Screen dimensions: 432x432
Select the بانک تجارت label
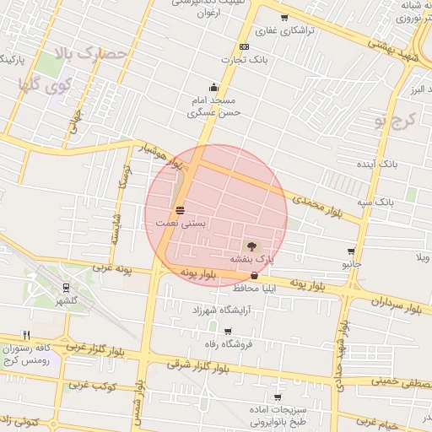coord(244,60)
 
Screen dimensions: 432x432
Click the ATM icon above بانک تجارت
coord(244,46)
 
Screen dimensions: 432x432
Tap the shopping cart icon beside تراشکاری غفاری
coord(284,17)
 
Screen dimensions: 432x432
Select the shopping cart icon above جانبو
coord(351,251)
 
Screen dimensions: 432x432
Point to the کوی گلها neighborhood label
coord(44,84)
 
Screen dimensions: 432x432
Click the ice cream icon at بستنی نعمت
coord(180,210)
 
